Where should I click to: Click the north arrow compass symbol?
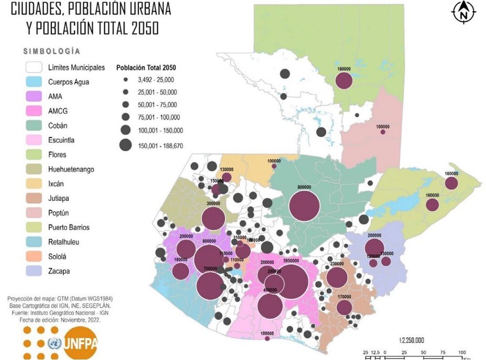pos(463,12)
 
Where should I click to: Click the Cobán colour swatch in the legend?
pos(35,126)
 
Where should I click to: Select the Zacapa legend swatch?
pos(35,271)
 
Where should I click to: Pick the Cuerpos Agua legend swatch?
pos(35,82)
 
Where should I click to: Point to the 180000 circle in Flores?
pos(344,81)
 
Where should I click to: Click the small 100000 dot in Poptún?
pos(383,132)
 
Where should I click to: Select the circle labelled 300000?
pos(213,219)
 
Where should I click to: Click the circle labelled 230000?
pos(337,278)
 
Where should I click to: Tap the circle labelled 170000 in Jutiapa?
pos(344,307)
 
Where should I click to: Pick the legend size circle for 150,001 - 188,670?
pos(126,145)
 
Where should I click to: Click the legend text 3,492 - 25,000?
pos(156,80)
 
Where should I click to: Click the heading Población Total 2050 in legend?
pos(146,67)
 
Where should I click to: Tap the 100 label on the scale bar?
pos(462,353)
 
